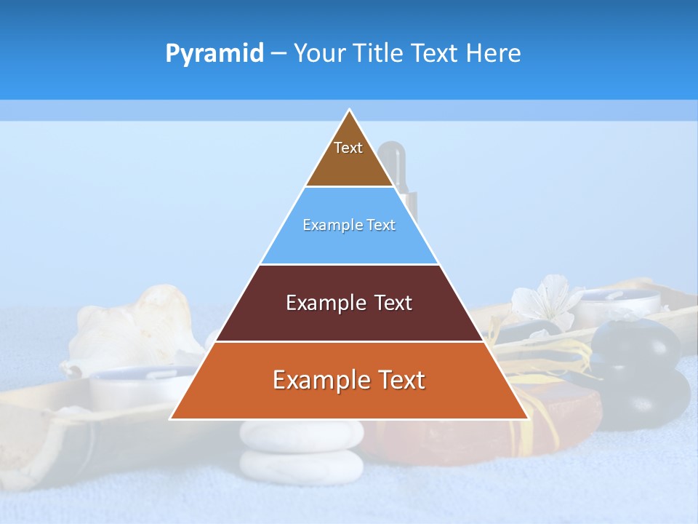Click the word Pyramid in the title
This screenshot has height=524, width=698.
pos(214,54)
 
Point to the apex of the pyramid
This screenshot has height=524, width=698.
pos(350,111)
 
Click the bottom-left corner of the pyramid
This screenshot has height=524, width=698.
pos(172,418)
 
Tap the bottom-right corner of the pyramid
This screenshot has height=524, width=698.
pos(527,418)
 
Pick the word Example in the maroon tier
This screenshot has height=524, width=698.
pos(319,303)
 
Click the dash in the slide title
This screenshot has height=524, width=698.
pos(278,54)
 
